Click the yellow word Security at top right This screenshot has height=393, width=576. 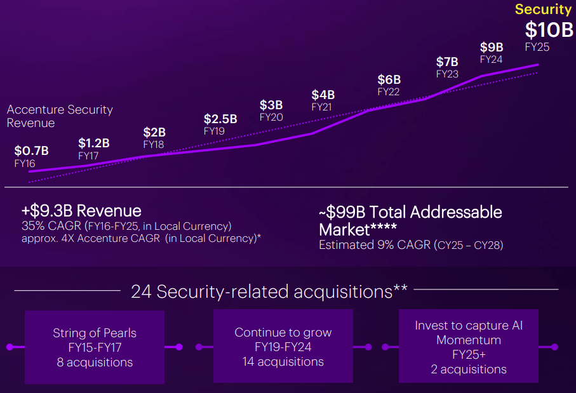(x=543, y=9)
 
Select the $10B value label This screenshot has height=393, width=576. (x=549, y=29)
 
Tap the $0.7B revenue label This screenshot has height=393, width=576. (x=31, y=150)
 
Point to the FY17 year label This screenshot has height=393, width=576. (x=89, y=155)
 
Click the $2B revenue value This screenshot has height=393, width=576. (x=154, y=132)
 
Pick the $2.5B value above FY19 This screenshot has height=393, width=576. (x=220, y=119)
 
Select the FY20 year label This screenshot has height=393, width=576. (x=271, y=117)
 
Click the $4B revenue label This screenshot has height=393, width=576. (x=323, y=95)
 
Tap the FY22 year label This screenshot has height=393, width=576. (x=389, y=91)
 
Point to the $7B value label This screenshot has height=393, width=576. (x=447, y=62)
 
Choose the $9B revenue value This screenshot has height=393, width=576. (x=492, y=47)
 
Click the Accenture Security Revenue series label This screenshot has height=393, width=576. (x=60, y=116)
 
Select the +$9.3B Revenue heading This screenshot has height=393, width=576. (x=81, y=210)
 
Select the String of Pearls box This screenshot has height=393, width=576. (x=94, y=347)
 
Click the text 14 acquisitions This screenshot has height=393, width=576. (x=283, y=362)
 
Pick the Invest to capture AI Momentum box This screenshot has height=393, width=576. (x=468, y=347)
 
